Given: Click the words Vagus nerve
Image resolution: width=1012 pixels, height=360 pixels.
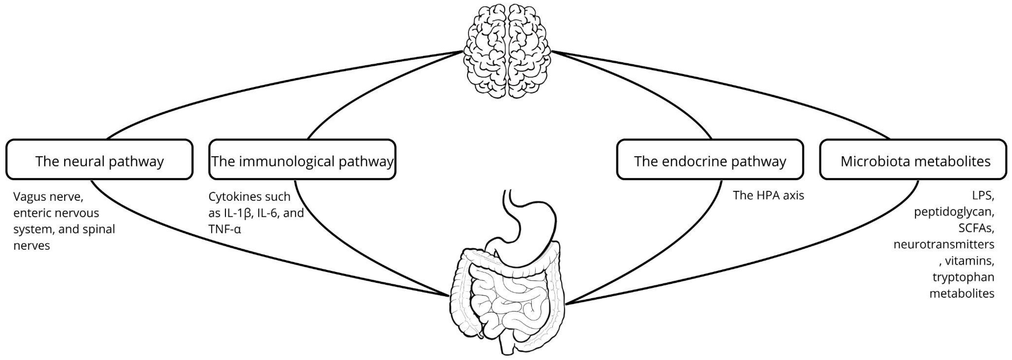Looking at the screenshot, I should pos(48,196).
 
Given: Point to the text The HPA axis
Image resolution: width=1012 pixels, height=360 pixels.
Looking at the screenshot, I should pos(768,195).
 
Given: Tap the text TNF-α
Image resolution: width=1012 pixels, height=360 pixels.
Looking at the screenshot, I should pos(224,229).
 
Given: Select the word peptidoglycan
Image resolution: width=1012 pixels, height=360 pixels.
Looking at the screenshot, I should pos(954,212).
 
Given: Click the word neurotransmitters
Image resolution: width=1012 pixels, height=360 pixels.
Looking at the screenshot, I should pos(944,244).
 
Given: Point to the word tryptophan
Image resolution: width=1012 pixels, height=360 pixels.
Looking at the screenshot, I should pos(963,277).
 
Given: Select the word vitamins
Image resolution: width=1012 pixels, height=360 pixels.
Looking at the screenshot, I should pos(969,261).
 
